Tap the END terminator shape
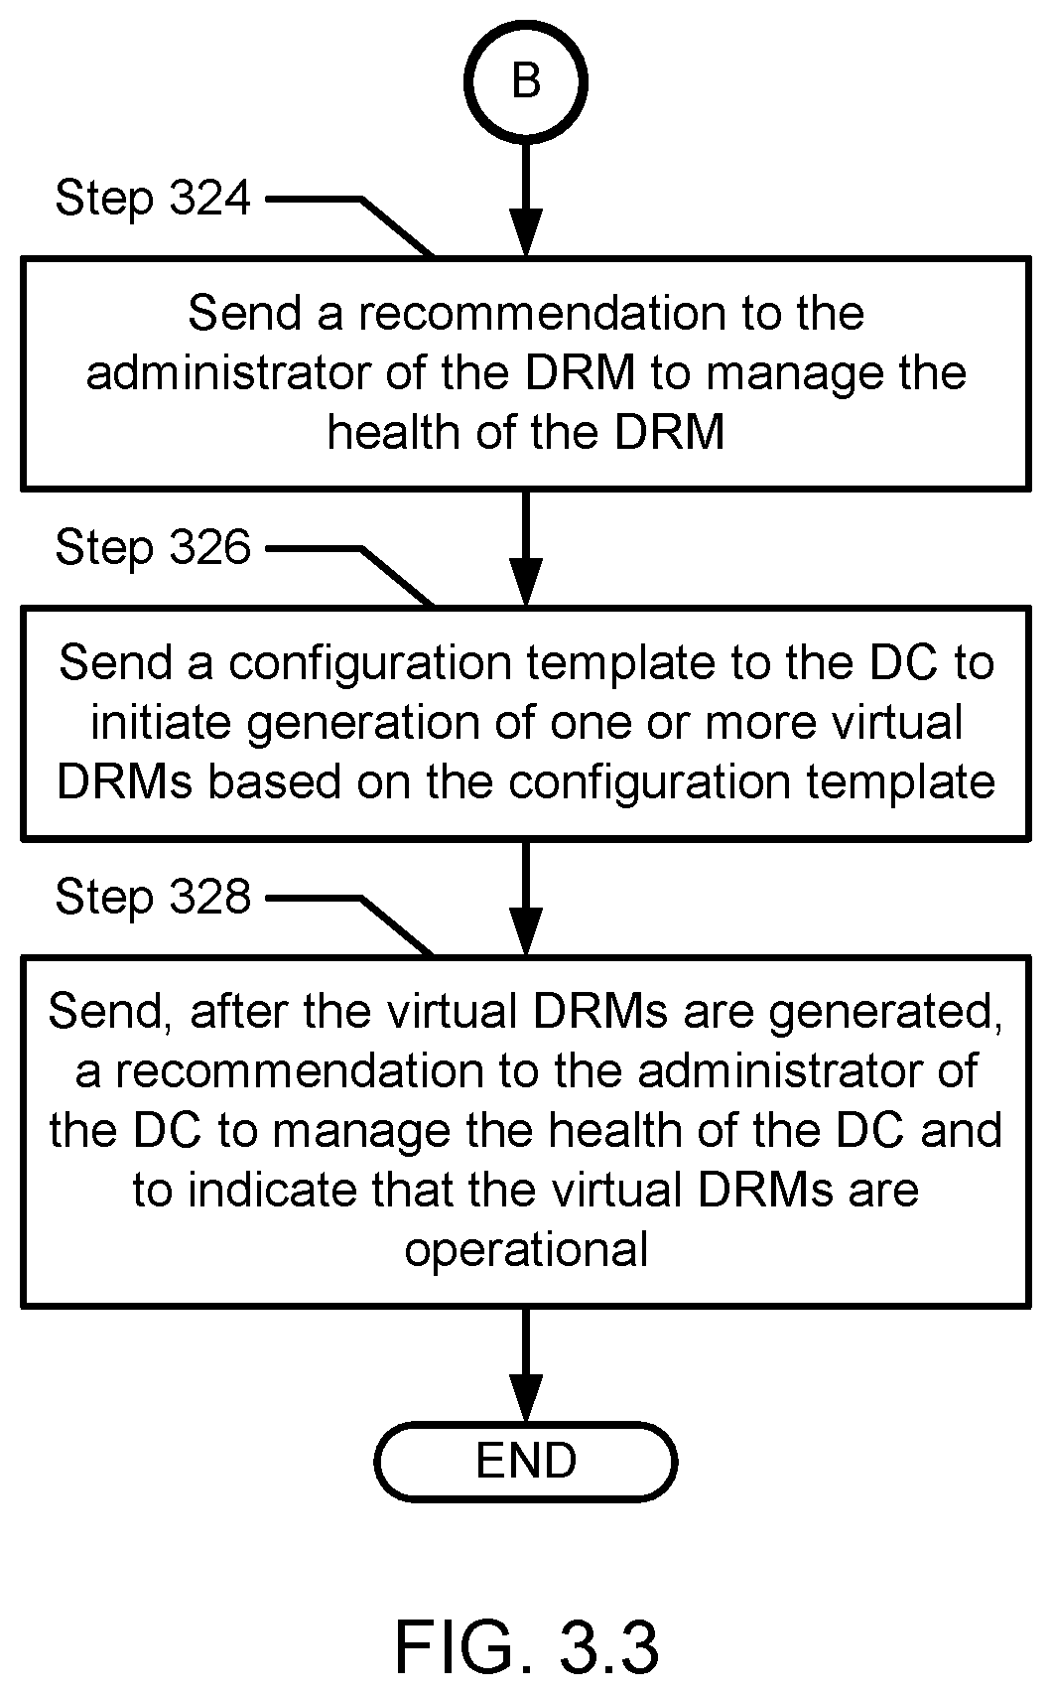click(x=526, y=1461)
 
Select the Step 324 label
click(x=153, y=199)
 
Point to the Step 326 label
click(x=153, y=547)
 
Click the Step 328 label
click(x=153, y=898)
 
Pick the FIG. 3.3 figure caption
click(x=527, y=1646)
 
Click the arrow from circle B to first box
click(x=526, y=200)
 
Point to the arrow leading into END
click(x=526, y=1365)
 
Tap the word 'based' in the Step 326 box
click(x=274, y=781)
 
